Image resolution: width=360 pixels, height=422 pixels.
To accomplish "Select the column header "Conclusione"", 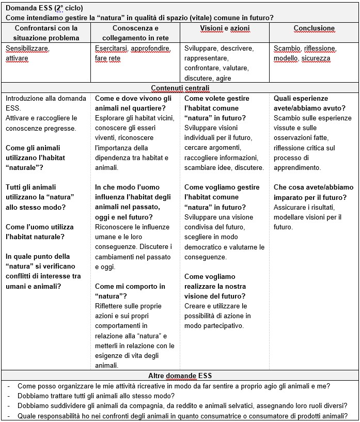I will click(314, 28).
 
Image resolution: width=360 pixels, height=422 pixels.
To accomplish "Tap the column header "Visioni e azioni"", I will click(224, 28).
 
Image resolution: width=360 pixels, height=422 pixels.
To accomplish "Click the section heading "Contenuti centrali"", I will click(180, 88).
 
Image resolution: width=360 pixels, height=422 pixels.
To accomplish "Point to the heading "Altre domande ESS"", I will click(180, 376).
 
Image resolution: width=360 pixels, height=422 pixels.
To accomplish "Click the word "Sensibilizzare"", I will click(27, 49).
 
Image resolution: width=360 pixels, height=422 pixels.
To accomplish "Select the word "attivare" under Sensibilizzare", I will click(17, 58).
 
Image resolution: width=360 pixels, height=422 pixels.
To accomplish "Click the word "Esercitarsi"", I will click(111, 49).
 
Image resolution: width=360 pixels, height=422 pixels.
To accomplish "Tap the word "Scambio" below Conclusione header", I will click(287, 49).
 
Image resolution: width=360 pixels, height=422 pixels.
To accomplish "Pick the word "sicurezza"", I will click(316, 58).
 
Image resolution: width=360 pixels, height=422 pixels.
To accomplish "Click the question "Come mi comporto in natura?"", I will click(130, 291).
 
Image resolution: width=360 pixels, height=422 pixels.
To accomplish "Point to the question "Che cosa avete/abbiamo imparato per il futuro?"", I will click(314, 192).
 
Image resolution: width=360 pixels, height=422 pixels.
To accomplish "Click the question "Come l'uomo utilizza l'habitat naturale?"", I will click(40, 232).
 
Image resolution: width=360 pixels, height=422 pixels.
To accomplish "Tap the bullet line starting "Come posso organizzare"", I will click(174, 386).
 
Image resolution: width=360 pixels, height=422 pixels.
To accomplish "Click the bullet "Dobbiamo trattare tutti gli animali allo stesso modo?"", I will click(96, 396).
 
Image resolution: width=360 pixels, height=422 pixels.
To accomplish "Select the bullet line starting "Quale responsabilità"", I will click(182, 416).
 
